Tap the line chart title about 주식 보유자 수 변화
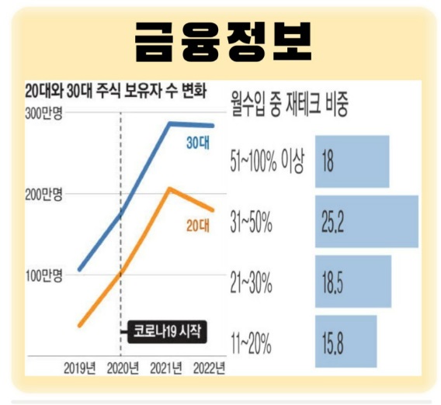(x=116, y=91)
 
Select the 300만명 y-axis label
(x=48, y=115)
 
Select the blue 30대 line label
(x=198, y=143)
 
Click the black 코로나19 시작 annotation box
(x=165, y=332)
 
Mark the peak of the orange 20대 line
(x=168, y=189)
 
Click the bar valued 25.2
(x=366, y=221)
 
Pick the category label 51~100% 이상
(x=268, y=162)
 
